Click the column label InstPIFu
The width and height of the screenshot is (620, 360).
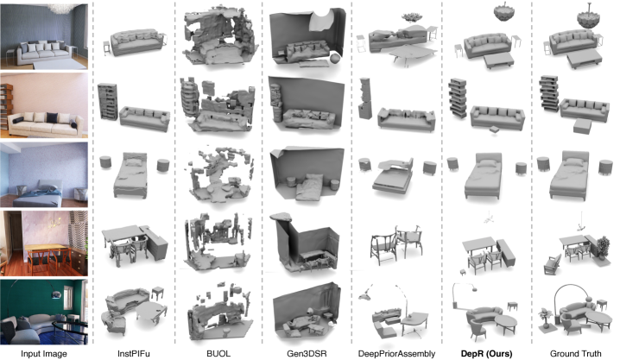134,354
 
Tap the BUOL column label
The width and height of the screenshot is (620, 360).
218,354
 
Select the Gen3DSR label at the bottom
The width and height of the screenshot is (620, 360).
307,354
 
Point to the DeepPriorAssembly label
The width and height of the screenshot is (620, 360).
396,354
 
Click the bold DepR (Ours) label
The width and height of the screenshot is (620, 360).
486,354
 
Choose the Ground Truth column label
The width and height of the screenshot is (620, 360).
576,354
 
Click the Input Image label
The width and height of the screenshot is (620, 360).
44,354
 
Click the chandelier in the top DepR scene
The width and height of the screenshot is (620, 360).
504,13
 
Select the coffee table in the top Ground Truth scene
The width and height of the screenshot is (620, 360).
585,60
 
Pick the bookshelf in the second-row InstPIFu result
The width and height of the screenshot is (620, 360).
108,101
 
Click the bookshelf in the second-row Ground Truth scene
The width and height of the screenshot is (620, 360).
549,93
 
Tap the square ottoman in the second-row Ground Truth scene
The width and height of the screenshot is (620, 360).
582,126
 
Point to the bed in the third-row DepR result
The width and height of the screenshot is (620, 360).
484,176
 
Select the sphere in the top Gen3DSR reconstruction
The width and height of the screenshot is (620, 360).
335,59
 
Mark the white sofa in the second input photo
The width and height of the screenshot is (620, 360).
44,124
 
